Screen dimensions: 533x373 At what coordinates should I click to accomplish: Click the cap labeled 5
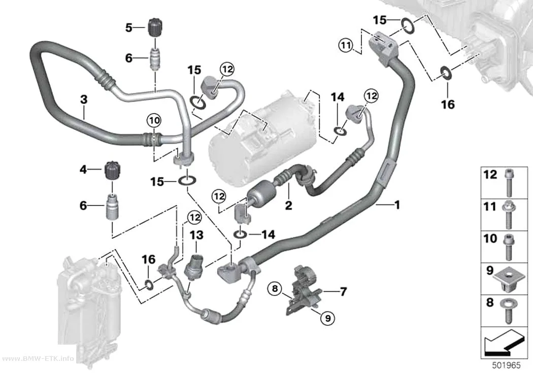(x=155, y=27)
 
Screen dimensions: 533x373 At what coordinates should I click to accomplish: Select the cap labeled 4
(x=112, y=170)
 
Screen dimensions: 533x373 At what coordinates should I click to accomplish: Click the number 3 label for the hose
(x=84, y=99)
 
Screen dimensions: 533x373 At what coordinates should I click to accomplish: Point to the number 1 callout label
(x=396, y=205)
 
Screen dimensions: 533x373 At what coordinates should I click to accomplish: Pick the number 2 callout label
(x=288, y=205)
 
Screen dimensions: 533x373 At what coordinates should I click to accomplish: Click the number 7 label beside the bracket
(x=343, y=291)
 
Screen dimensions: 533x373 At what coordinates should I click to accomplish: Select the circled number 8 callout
(x=275, y=289)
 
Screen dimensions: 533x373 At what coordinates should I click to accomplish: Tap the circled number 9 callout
(x=328, y=318)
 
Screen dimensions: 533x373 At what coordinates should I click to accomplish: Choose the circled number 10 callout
(x=154, y=120)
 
